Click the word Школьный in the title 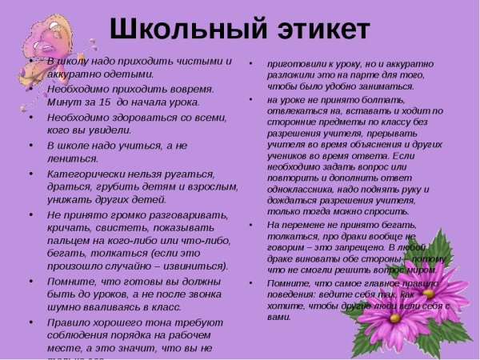179,30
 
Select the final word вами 278,316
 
